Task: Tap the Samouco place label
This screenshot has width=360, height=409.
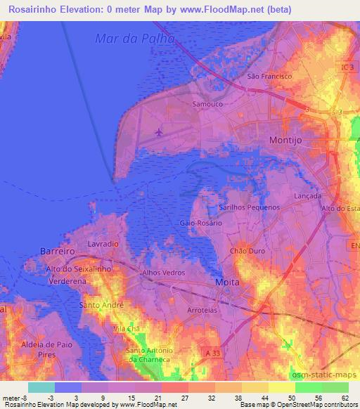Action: [x=207, y=103]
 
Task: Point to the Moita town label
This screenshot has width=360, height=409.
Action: [x=227, y=282]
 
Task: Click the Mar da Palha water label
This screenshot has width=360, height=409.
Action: [x=134, y=38]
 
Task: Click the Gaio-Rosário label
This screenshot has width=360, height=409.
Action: [x=200, y=223]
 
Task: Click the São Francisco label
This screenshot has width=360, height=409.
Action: [x=264, y=75]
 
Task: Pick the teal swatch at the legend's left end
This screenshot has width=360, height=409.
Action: [x=41, y=387]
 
